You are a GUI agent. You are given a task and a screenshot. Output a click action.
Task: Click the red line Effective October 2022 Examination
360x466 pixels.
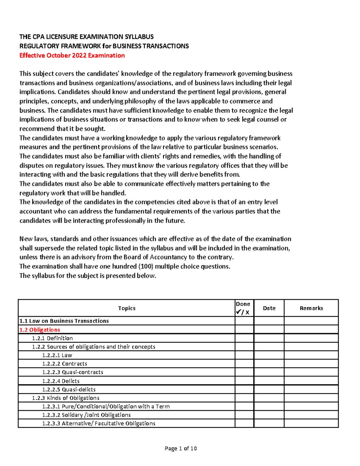click(72, 56)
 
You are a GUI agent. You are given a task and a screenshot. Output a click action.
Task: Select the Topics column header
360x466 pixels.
click(127, 308)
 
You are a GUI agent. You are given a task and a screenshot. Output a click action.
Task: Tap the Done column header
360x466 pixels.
click(243, 304)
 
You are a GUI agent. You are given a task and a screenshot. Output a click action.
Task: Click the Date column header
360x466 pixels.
click(269, 308)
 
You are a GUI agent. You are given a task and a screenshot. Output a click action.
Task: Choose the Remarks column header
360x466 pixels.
click(311, 308)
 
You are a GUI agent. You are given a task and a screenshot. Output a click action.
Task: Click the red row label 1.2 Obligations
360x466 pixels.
click(40, 330)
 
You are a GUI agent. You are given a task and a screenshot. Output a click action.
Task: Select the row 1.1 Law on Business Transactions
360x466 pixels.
click(64, 321)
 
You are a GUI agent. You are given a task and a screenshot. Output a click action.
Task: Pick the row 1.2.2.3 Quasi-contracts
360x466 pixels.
click(73, 372)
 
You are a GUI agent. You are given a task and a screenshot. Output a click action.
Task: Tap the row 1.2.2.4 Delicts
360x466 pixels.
click(61, 381)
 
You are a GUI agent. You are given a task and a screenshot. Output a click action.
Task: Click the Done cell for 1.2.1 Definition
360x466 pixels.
click(244, 338)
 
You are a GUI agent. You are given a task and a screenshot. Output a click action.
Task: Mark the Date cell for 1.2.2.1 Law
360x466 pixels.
click(269, 355)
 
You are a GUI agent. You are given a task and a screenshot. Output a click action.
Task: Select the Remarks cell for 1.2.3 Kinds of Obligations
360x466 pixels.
click(311, 398)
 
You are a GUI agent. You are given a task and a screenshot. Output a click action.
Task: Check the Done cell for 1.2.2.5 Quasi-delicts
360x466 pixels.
click(244, 389)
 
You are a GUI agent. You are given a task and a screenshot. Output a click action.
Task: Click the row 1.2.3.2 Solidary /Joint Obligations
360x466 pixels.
click(86, 415)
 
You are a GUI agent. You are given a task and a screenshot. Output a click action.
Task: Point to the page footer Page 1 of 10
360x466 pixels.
click(181, 449)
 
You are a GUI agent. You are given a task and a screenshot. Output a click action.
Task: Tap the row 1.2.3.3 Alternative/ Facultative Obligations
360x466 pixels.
click(99, 423)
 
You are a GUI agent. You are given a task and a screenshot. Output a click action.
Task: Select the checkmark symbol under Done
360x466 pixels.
click(239, 312)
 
